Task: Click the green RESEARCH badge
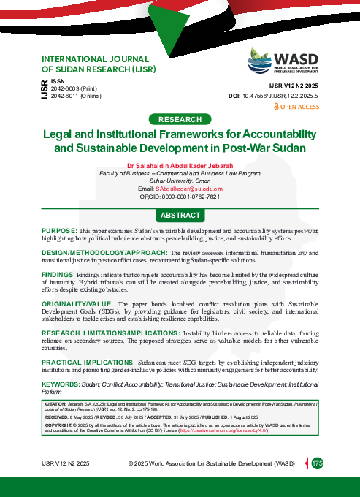click(180, 119)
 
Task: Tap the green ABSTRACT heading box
click(180, 216)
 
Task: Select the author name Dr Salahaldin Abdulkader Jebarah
click(180, 165)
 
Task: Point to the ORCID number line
click(180, 197)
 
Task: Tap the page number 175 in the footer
click(318, 463)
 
